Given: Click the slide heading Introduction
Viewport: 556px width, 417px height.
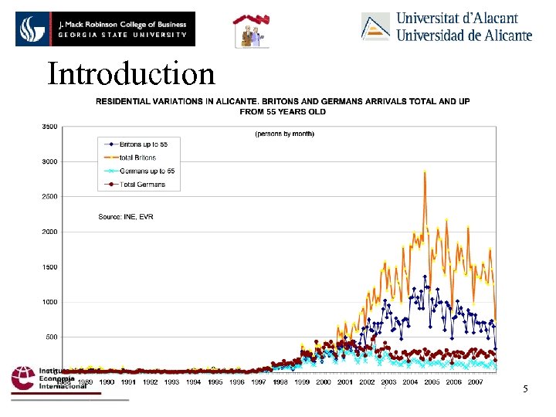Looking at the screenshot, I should click(x=131, y=74).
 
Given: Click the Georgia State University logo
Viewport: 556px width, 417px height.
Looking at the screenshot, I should click(x=105, y=29).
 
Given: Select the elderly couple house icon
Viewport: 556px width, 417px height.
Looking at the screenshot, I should click(x=252, y=31).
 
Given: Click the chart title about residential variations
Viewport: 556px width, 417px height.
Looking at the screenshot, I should click(x=283, y=106).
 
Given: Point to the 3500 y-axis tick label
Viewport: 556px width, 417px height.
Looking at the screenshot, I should click(x=48, y=126).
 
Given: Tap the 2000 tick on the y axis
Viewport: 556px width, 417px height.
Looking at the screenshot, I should click(x=48, y=232).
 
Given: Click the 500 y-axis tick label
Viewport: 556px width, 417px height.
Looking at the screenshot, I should click(x=49, y=337).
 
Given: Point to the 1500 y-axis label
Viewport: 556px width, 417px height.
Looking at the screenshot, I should click(x=48, y=266).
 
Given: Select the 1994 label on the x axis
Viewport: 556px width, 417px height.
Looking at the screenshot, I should click(x=193, y=381).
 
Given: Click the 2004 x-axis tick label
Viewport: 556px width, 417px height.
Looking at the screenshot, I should click(x=410, y=381).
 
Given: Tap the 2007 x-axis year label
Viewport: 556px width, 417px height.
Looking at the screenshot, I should click(x=475, y=381).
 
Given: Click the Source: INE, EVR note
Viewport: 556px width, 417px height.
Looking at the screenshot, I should click(x=126, y=217).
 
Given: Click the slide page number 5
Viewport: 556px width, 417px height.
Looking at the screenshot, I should click(x=525, y=388).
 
